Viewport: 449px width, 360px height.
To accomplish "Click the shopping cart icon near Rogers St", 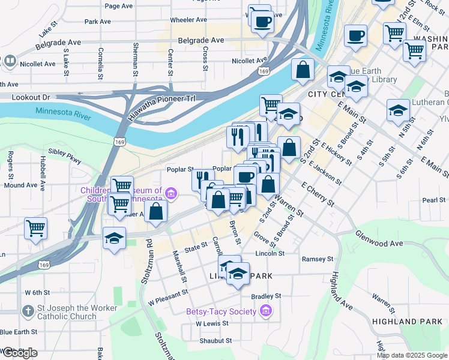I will point(35,229).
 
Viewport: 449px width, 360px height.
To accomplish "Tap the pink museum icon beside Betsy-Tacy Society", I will point(266,311).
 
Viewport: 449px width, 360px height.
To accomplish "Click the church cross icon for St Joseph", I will point(27,311).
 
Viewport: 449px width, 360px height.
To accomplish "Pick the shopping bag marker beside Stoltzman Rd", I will point(156,212).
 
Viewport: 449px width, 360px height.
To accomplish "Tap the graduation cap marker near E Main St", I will point(397,111).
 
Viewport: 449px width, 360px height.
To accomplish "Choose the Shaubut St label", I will point(215,341).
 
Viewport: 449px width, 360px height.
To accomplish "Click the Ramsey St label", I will point(317,259).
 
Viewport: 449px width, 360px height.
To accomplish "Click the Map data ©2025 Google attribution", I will point(412,355).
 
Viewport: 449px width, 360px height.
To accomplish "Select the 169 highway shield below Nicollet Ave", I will point(264,71).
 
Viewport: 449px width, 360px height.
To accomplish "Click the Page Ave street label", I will point(118,6).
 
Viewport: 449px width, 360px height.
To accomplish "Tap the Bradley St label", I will point(266,296).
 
